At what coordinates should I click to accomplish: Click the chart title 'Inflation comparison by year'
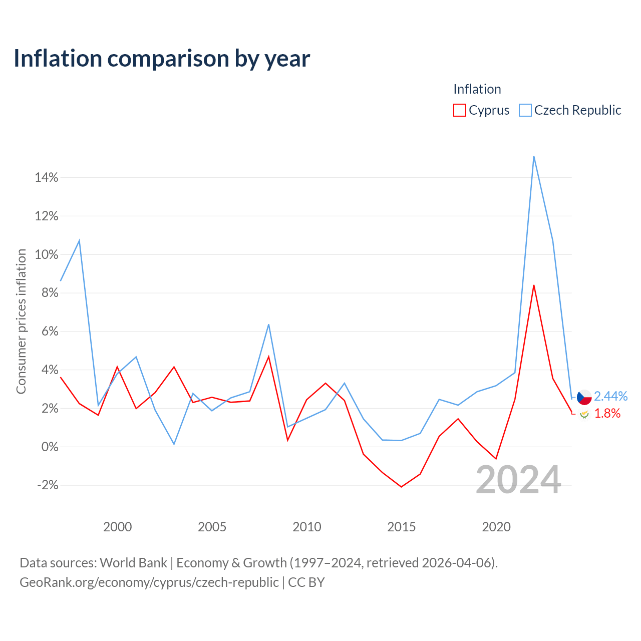point(162,59)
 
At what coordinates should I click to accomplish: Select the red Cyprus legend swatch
point(459,110)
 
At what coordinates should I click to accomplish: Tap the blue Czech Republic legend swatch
point(525,110)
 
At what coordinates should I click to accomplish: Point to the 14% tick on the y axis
point(47,178)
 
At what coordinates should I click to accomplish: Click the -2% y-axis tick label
point(48,485)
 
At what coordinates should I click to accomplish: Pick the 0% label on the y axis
point(50,447)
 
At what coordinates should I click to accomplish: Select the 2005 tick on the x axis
point(212,527)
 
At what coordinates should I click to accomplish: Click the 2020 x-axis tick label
point(496,527)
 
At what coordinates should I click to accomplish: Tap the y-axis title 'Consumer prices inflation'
point(21,322)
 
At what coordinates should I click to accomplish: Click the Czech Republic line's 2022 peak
point(534,156)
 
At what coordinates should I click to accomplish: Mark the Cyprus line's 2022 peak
point(534,285)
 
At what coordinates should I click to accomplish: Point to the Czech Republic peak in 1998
point(79,240)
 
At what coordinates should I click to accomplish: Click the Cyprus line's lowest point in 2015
point(402,487)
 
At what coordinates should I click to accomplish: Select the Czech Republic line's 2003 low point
point(174,444)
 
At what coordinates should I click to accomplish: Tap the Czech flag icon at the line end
point(584,397)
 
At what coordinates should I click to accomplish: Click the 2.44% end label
point(610,396)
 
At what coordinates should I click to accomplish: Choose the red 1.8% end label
point(607,414)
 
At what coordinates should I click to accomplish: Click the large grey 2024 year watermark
point(519,480)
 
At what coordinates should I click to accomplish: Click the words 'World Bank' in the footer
point(133,563)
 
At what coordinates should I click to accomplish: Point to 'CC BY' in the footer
point(306,582)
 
